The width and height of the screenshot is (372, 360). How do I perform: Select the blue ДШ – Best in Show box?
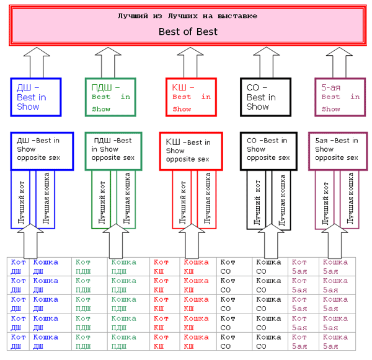(x=36, y=97)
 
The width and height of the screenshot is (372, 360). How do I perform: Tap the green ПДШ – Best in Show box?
(x=111, y=97)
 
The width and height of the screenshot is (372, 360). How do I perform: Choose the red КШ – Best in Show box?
(x=191, y=97)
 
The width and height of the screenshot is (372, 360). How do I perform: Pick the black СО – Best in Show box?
(x=265, y=97)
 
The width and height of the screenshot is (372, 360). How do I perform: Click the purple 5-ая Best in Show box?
(x=340, y=97)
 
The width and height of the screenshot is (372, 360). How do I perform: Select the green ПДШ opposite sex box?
(x=117, y=151)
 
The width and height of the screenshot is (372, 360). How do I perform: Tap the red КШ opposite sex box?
(x=191, y=151)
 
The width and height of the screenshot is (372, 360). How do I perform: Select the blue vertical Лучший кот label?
(x=21, y=200)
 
